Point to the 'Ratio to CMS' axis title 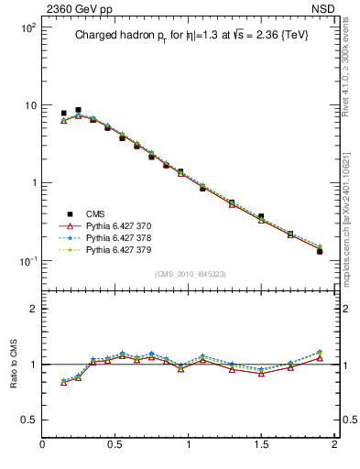[14, 364]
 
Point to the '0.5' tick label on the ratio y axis [27, 420]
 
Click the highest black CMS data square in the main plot [78, 110]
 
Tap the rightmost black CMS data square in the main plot [320, 251]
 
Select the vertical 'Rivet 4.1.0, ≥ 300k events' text [351, 79]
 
